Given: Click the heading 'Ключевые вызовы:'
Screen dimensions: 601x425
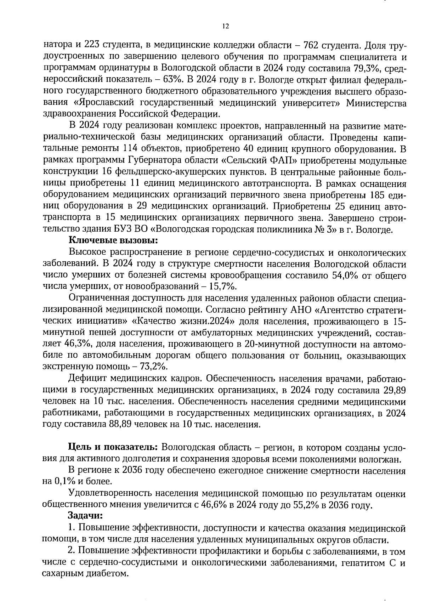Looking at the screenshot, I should point(113,240).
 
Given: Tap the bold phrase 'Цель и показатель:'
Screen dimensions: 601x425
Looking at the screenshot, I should point(114,448).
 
